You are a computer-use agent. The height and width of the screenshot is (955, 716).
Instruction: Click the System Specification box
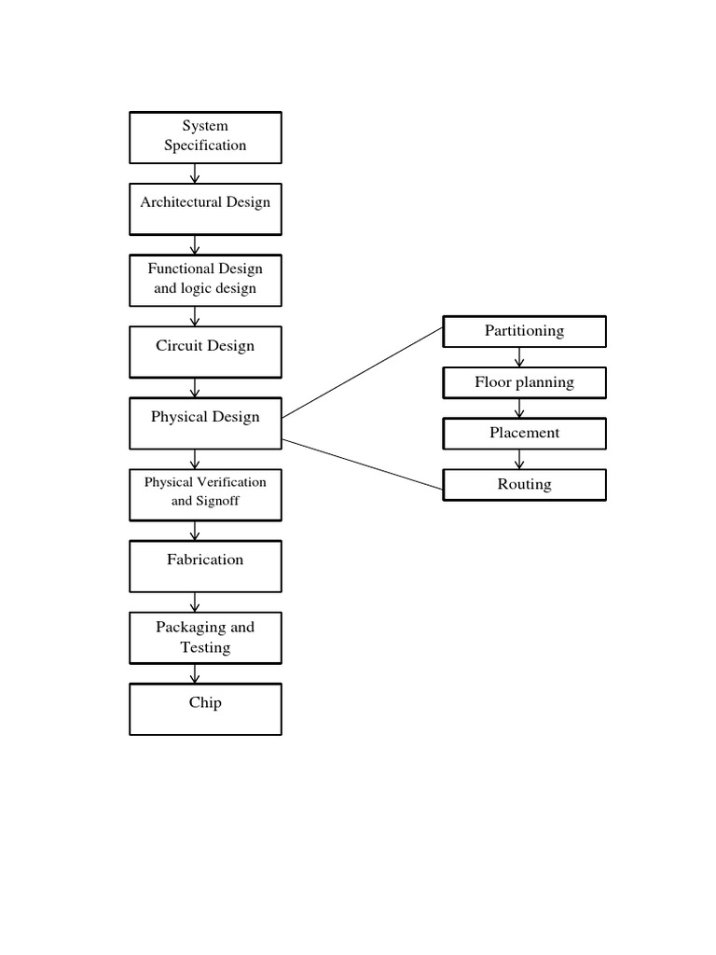pyautogui.click(x=205, y=136)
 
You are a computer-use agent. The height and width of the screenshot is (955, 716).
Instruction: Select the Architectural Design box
pyautogui.click(x=205, y=209)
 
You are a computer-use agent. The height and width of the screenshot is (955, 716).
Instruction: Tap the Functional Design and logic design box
pyautogui.click(x=205, y=280)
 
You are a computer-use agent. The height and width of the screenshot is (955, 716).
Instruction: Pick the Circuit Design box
pyautogui.click(x=205, y=352)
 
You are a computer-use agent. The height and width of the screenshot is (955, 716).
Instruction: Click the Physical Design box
pyautogui.click(x=205, y=422)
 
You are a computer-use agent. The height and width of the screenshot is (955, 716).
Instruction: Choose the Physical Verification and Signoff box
pyautogui.click(x=205, y=494)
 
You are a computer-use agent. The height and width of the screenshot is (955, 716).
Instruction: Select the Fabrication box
pyautogui.click(x=205, y=566)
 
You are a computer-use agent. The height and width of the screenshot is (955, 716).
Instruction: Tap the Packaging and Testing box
pyautogui.click(x=205, y=638)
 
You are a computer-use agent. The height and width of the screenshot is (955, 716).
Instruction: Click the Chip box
pyautogui.click(x=205, y=709)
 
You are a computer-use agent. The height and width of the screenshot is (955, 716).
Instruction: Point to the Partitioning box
pyautogui.click(x=524, y=331)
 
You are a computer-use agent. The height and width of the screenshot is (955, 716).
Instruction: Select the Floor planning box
pyautogui.click(x=524, y=382)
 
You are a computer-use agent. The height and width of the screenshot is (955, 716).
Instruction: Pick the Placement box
pyautogui.click(x=524, y=434)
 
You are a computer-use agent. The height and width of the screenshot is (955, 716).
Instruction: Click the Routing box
pyautogui.click(x=524, y=485)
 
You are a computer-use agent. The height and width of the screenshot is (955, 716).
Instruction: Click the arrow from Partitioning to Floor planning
pyautogui.click(x=520, y=357)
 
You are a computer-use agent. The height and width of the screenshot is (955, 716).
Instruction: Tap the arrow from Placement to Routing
pyautogui.click(x=520, y=460)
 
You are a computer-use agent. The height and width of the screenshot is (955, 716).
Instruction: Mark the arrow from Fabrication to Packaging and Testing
pyautogui.click(x=195, y=602)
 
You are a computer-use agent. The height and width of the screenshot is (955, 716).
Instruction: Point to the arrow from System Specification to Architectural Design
pyautogui.click(x=195, y=173)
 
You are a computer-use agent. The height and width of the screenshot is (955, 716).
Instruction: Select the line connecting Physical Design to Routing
pyautogui.click(x=362, y=464)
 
